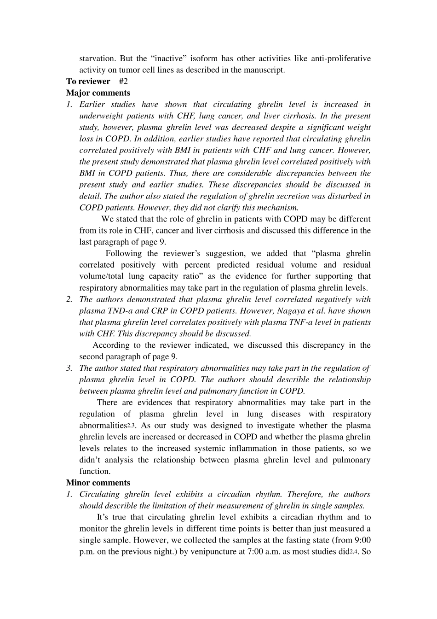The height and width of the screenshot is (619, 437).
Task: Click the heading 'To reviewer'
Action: coord(88,82)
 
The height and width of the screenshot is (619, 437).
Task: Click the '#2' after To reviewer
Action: coord(123,82)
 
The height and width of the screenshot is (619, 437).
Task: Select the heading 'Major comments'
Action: coord(98,93)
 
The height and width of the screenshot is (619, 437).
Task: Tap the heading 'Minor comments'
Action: coord(98,483)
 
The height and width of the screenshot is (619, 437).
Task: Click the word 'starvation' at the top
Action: coord(97,58)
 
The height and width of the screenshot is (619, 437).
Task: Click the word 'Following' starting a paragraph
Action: coord(124,254)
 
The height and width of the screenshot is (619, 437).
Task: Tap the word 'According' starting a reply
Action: coord(111,345)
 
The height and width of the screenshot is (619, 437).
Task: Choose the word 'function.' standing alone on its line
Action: coord(95,472)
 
